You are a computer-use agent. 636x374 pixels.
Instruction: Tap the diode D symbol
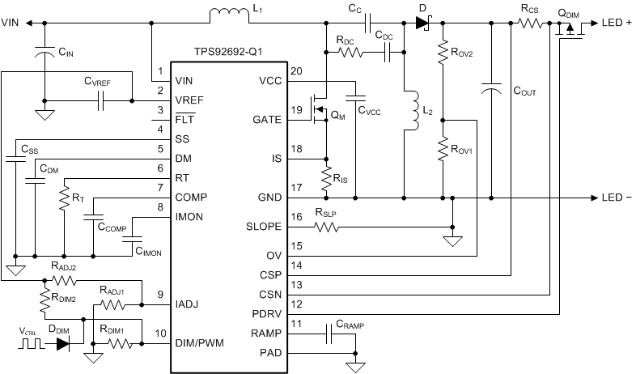pos(422,23)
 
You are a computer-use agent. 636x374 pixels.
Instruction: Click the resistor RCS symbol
pos(529,23)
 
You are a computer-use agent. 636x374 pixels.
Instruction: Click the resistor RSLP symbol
pos(326,227)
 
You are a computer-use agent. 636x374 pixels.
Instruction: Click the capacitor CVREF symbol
pos(101,101)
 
